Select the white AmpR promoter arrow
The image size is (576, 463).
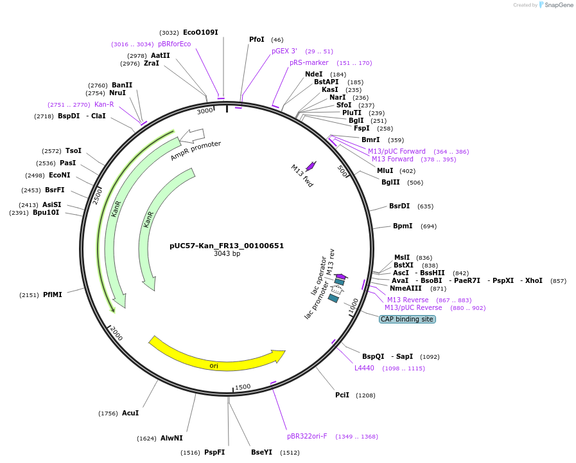(193, 136)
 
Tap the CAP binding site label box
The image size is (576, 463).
(407, 319)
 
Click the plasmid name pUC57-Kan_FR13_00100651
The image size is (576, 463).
(227, 246)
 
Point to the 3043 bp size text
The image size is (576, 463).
(227, 254)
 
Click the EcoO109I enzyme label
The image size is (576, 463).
(200, 32)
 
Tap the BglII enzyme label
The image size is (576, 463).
(390, 182)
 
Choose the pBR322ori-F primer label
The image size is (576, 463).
(307, 436)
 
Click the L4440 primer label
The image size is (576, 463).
(364, 368)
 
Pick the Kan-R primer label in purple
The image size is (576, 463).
(104, 104)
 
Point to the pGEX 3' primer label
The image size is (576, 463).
(284, 51)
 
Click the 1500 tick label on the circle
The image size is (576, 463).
(243, 387)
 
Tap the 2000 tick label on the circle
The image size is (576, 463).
(116, 333)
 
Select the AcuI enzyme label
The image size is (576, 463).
(130, 413)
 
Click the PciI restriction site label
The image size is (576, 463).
(342, 395)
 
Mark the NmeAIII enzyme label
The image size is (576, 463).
(406, 289)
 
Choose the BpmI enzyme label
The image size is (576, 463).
(403, 226)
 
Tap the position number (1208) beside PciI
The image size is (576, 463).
(365, 395)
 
